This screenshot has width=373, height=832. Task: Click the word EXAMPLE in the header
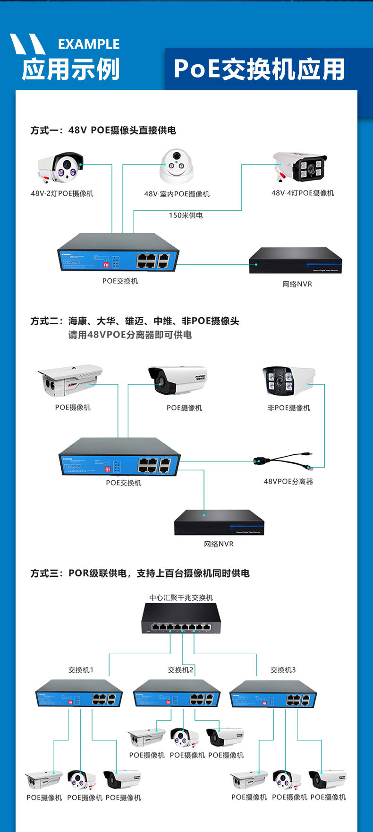(x=89, y=44)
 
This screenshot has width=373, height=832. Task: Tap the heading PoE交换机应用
(x=259, y=69)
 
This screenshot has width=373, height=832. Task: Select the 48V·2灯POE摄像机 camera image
(x=61, y=168)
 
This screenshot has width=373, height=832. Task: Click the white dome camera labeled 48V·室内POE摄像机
(x=177, y=166)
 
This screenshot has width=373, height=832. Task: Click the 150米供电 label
(x=186, y=216)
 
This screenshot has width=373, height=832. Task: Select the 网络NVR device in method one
(x=296, y=260)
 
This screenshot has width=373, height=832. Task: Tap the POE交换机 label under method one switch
(x=120, y=281)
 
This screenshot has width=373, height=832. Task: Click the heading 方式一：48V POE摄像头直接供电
(x=103, y=130)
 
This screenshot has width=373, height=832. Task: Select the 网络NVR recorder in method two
(x=219, y=522)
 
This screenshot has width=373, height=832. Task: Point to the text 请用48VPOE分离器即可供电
(x=130, y=335)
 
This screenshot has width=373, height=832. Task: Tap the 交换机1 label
(x=81, y=670)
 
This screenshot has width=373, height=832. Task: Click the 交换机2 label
(x=180, y=670)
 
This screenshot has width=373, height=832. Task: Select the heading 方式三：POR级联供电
(x=140, y=573)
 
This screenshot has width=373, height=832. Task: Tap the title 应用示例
(x=71, y=69)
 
